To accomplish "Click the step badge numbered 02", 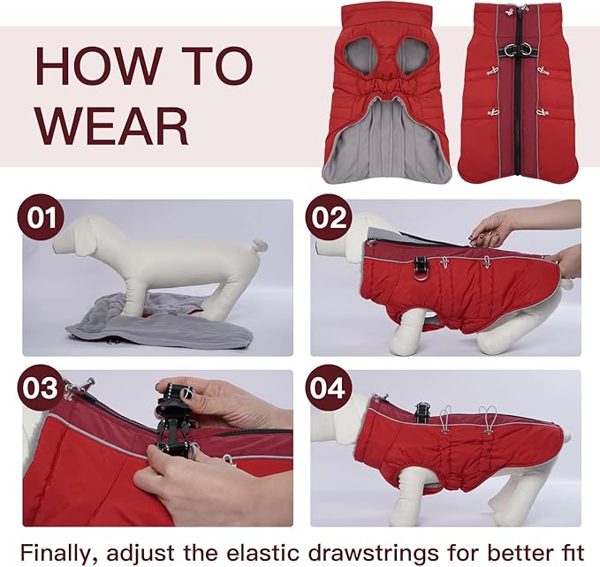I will click(x=329, y=217).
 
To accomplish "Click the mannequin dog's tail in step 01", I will click(x=258, y=245).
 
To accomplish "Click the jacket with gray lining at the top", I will click(x=386, y=93).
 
